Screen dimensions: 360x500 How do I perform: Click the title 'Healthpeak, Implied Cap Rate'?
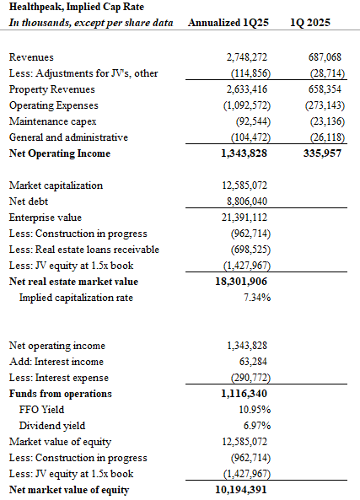77,7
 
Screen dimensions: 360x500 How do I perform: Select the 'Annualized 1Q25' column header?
228,23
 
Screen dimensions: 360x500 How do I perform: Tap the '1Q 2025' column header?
310,23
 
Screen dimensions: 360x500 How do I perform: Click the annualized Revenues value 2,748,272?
247,57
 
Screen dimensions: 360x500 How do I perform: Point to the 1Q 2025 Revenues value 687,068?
325,57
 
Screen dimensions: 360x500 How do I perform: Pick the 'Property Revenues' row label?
52,89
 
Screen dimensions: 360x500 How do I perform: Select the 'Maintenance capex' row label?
52,121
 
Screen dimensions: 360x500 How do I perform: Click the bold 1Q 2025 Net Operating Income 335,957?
322,153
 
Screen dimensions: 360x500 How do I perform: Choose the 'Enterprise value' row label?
46,218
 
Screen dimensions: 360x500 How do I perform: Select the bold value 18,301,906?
241,282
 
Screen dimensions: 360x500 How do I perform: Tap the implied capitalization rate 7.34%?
257,298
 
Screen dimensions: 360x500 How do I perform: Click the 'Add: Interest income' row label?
56,362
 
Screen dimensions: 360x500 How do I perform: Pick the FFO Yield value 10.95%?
255,410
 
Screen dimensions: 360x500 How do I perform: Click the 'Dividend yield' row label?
52,426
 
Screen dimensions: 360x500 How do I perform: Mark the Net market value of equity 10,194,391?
241,490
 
